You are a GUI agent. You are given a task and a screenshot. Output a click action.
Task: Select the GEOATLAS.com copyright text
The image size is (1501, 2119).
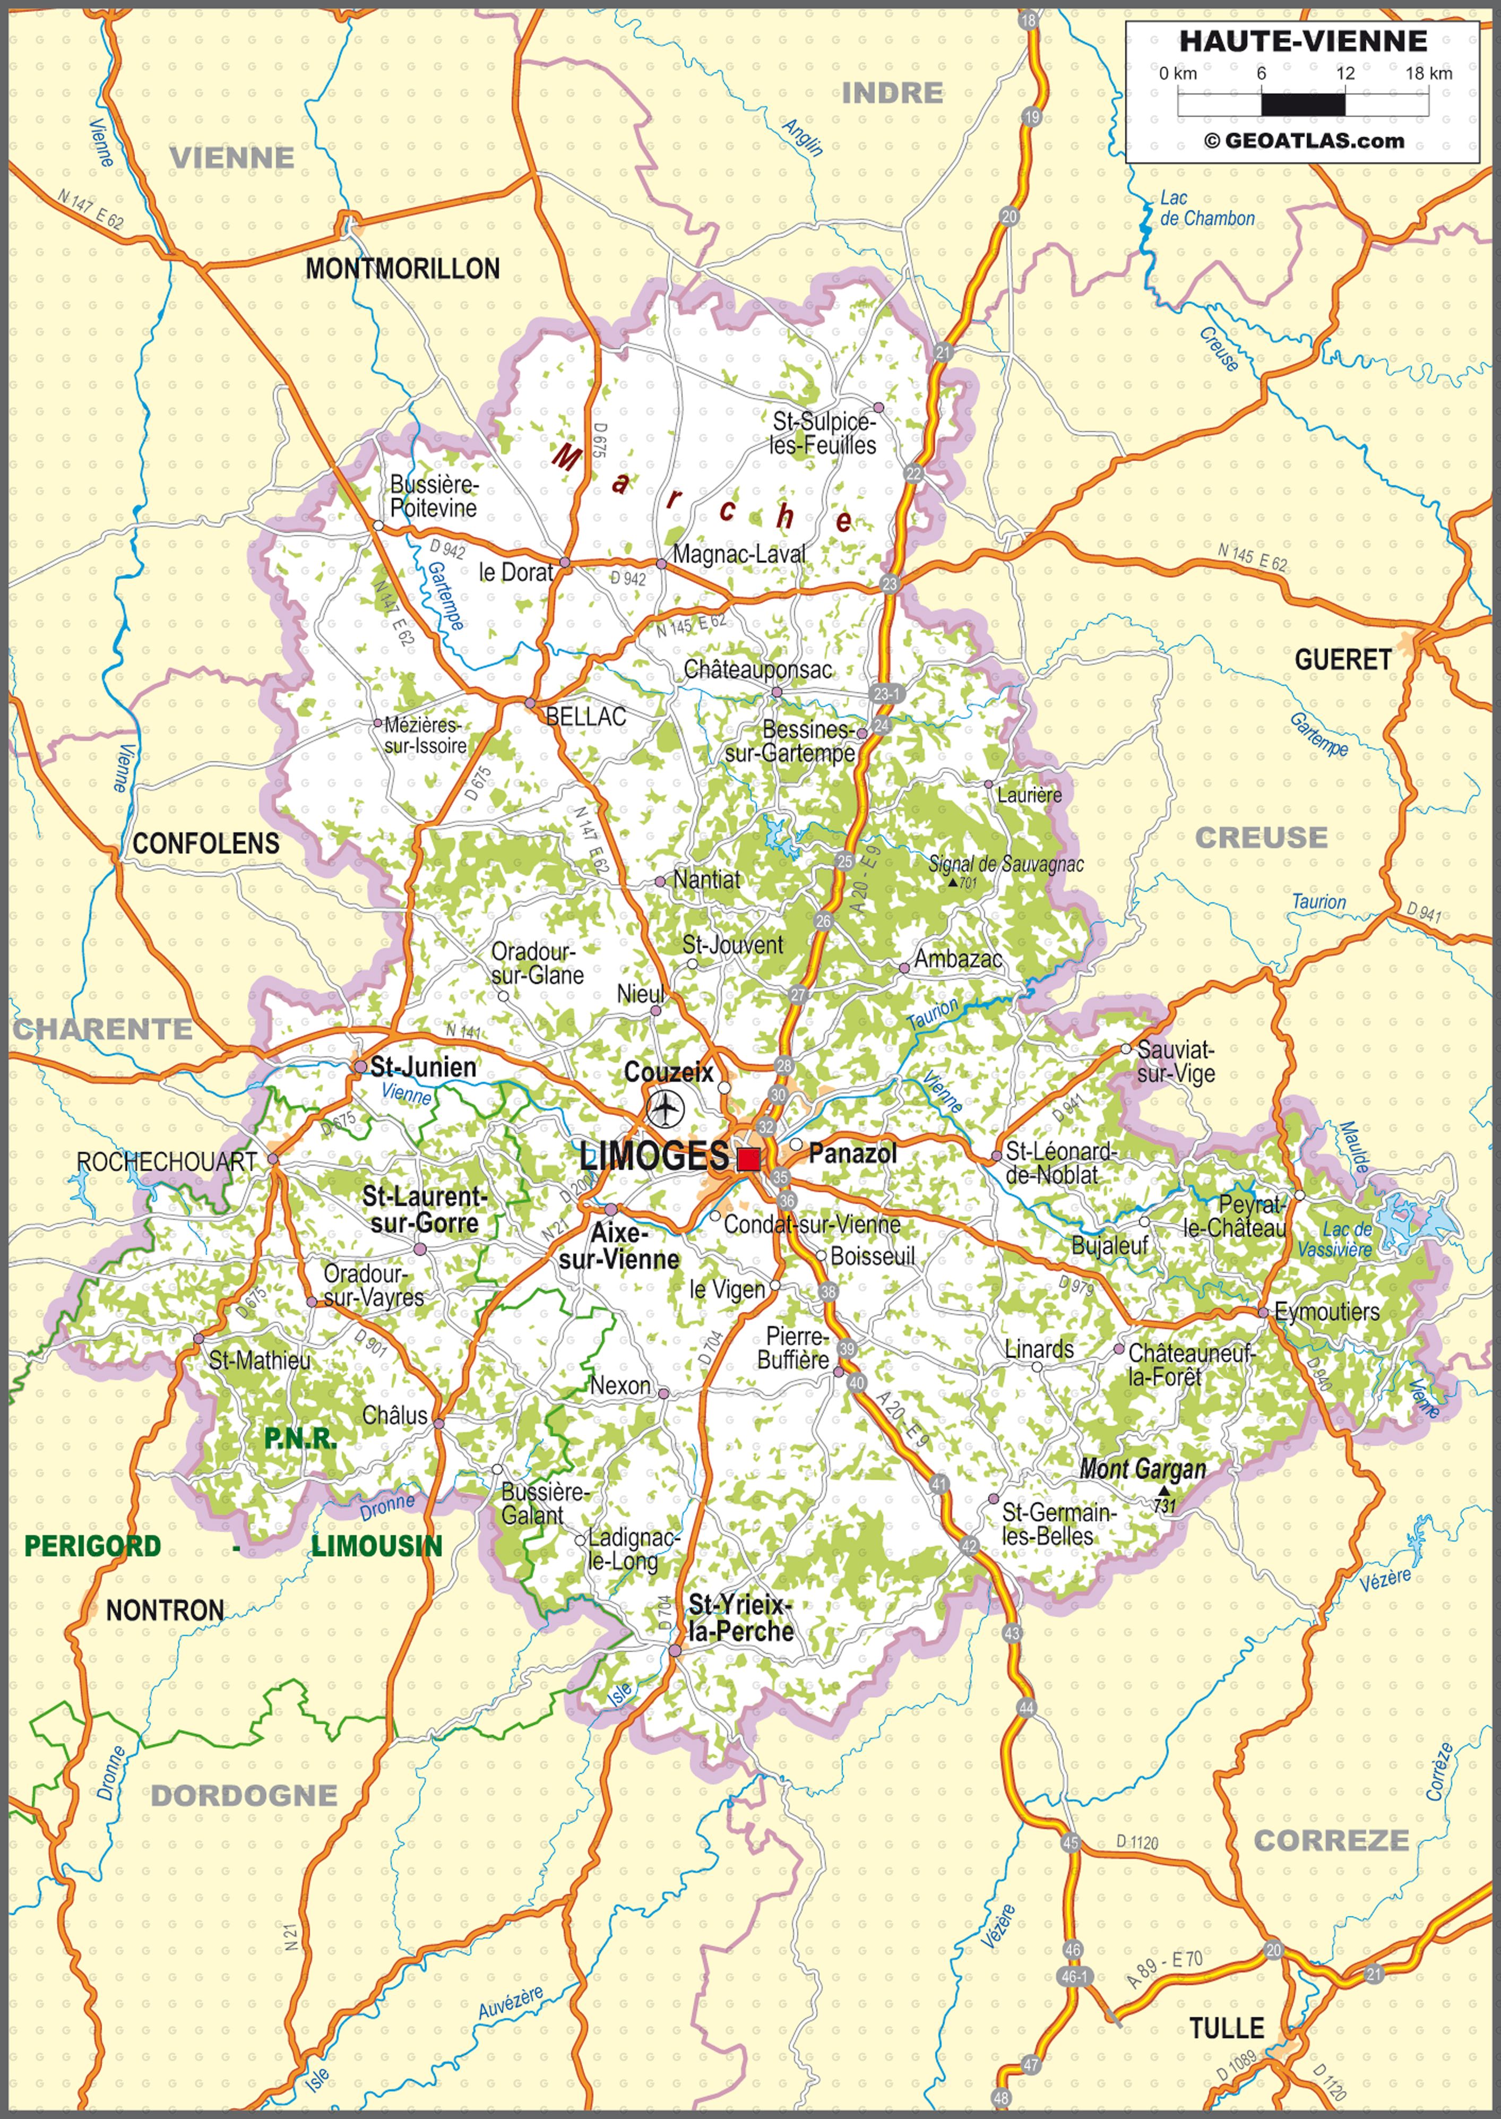pos(1304,141)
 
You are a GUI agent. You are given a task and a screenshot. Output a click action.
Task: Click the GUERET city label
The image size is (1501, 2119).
pos(1342,660)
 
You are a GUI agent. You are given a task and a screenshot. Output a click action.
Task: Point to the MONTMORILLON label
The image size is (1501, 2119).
pos(402,269)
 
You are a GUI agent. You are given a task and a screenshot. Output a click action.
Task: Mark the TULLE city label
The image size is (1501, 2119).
pos(1226,2028)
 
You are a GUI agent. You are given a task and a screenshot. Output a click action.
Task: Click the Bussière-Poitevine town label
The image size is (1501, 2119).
pos(434,496)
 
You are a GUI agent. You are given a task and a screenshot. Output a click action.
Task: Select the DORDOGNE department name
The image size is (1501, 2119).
pos(244,1796)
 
